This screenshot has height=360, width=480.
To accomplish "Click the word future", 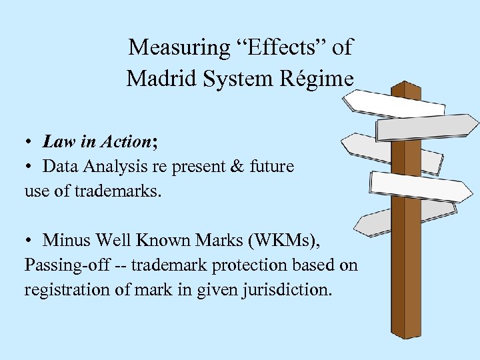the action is (273, 167).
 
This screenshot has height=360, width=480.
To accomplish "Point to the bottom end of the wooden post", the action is (408, 333).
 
